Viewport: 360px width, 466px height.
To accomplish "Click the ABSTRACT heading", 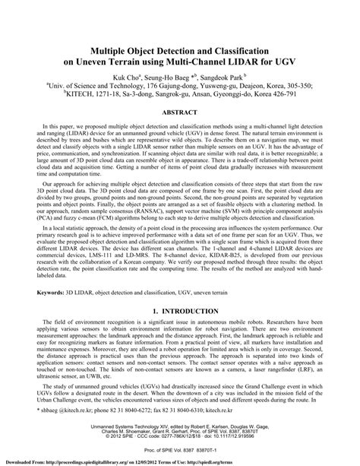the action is pyautogui.click(x=180, y=111).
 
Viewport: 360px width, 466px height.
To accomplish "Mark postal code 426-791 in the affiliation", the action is pyautogui.click(x=276, y=97).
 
